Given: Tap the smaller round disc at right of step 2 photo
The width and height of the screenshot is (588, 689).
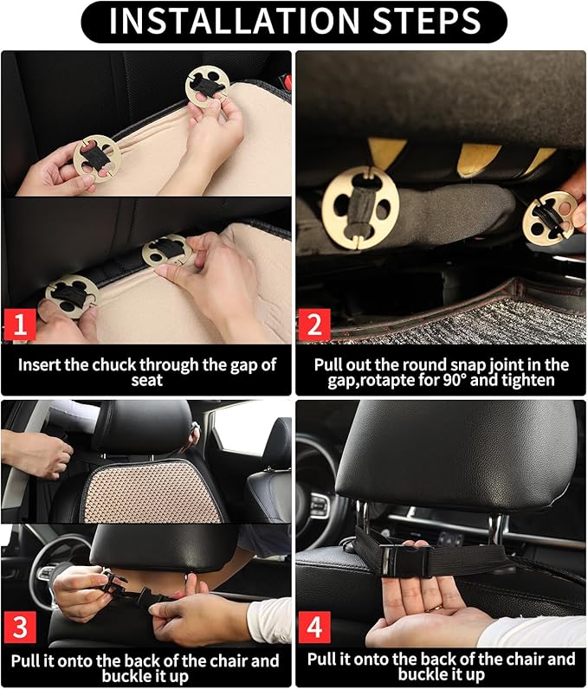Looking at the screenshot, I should [x=549, y=217].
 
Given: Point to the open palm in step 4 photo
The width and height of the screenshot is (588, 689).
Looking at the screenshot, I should [x=424, y=610].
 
